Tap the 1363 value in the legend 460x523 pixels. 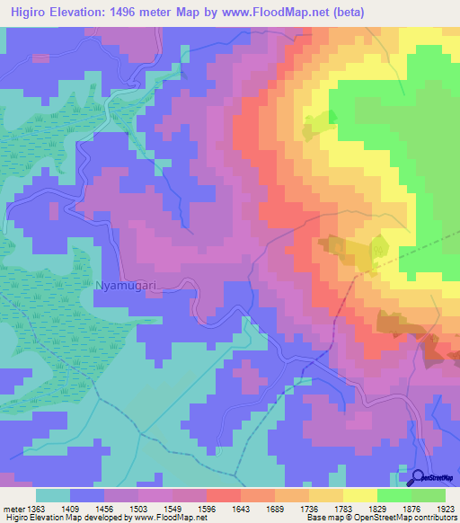(x=37, y=508)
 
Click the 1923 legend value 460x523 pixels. (x=444, y=508)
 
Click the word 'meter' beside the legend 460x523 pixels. (x=13, y=508)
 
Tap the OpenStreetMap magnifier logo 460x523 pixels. (x=419, y=479)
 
